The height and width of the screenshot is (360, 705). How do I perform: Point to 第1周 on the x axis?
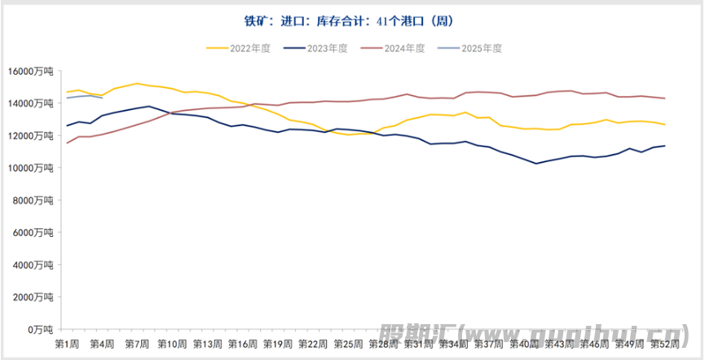[x=67, y=344]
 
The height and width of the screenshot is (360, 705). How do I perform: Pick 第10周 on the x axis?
[x=172, y=344]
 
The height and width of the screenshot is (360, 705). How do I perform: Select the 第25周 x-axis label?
[x=348, y=344]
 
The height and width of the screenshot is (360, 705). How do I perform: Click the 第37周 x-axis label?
[x=489, y=344]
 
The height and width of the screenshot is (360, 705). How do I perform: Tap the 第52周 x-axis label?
[x=664, y=344]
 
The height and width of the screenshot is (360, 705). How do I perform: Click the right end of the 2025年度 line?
[x=102, y=98]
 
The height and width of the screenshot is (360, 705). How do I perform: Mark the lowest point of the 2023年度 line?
[x=535, y=164]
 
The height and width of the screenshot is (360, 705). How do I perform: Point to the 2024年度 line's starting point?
[x=67, y=143]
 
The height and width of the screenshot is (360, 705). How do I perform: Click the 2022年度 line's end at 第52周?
[x=665, y=125]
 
